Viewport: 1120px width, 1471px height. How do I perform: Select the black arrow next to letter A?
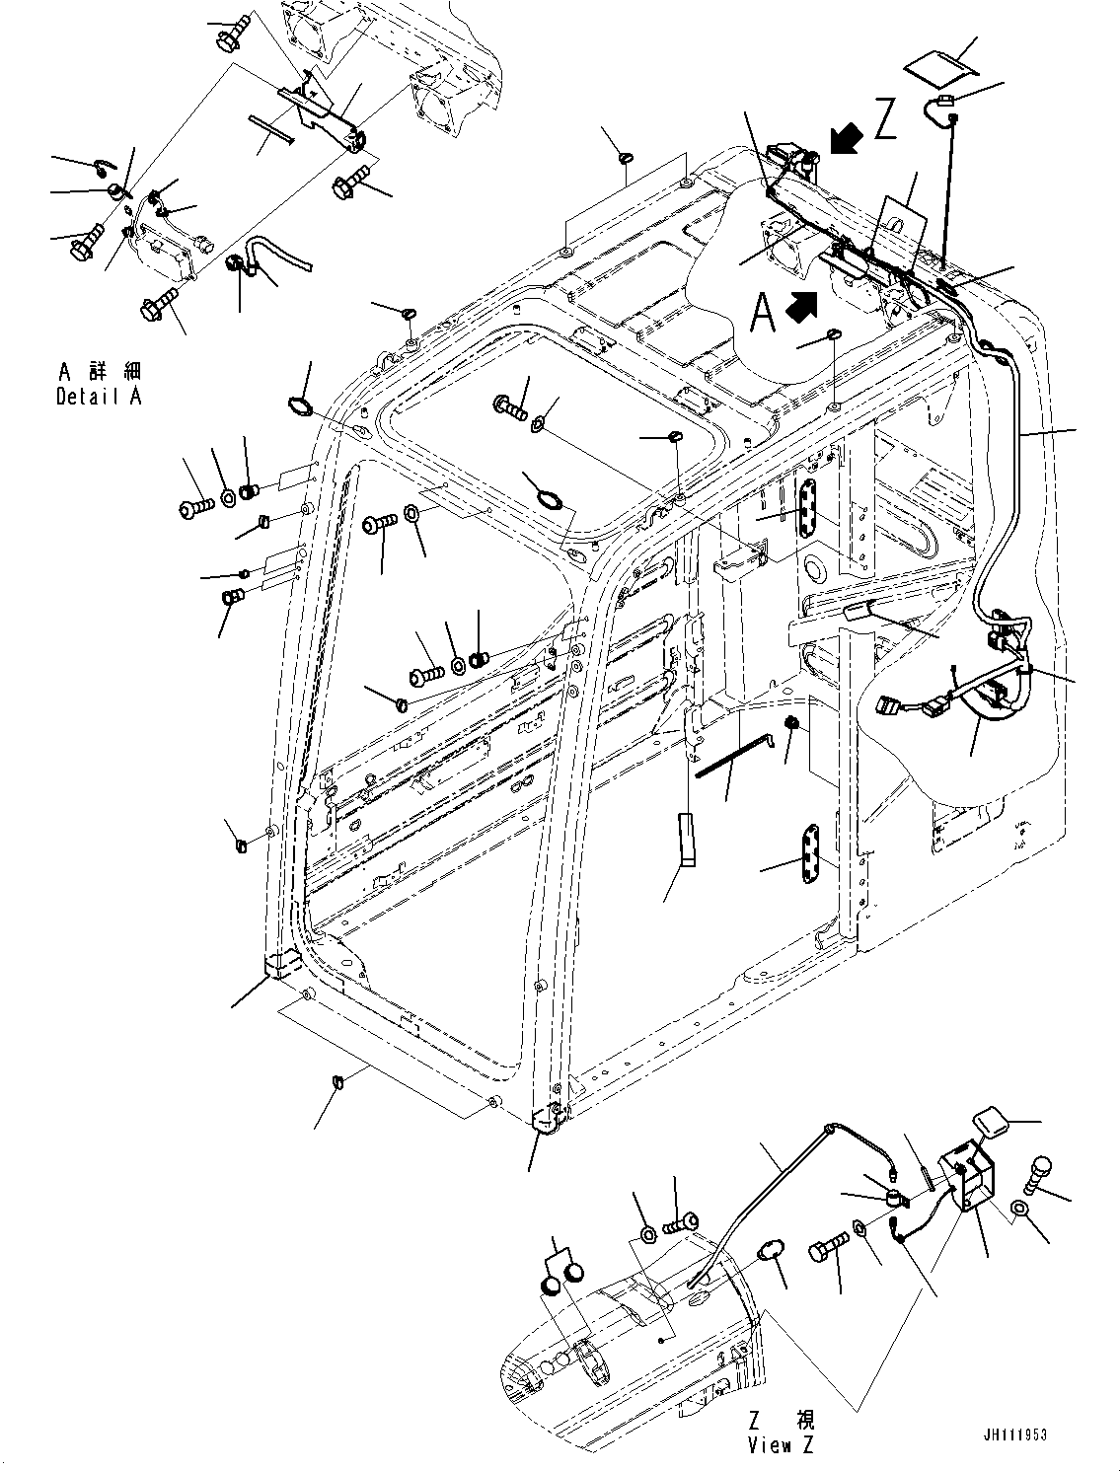[801, 307]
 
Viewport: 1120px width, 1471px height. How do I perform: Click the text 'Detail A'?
[99, 397]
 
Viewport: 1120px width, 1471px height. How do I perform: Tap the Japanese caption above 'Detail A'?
[99, 372]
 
